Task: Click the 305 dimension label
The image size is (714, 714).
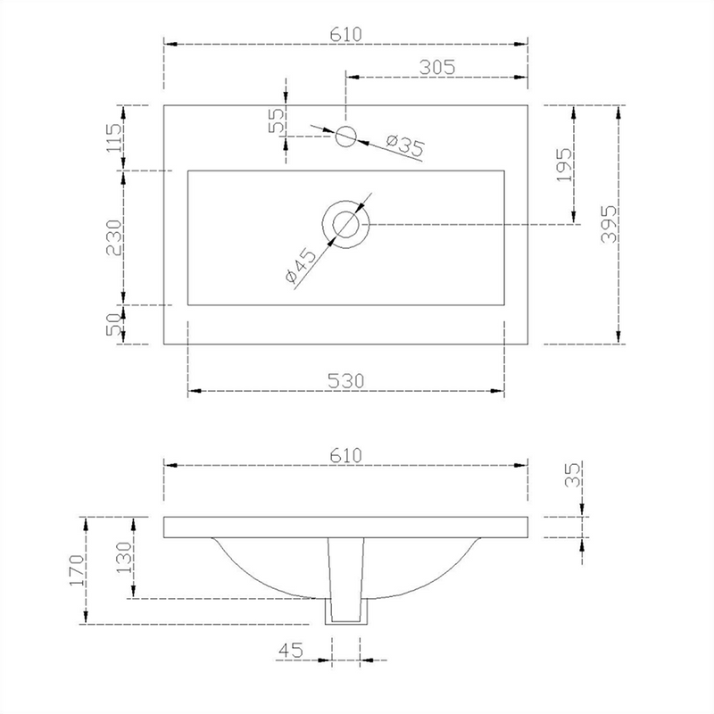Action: [x=437, y=68]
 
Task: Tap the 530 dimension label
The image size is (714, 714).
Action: [x=346, y=381]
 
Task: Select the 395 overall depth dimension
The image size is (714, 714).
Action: [x=609, y=224]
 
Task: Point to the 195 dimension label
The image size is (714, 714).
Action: [x=564, y=165]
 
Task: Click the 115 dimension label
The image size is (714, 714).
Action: [x=114, y=138]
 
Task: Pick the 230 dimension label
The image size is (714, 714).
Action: [x=114, y=237]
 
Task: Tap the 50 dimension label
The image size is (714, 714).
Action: [x=114, y=324]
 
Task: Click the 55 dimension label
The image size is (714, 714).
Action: [x=276, y=120]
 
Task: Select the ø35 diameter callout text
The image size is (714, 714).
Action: [x=405, y=145]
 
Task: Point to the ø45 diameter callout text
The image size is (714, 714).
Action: [x=301, y=265]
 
